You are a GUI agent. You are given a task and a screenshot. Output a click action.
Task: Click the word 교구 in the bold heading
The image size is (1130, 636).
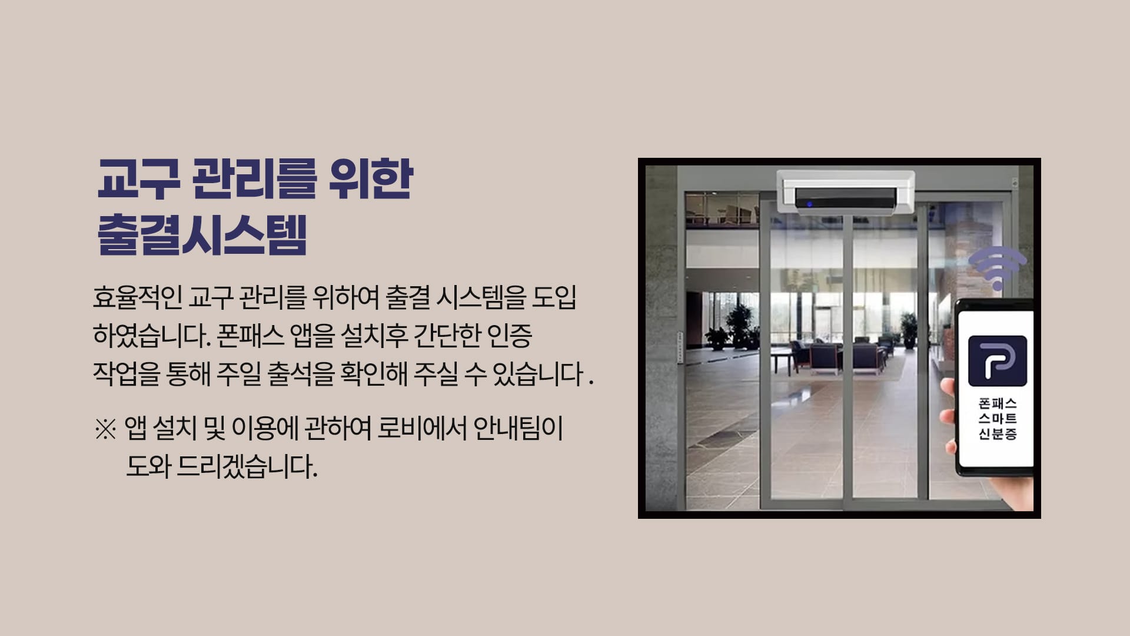click(138, 179)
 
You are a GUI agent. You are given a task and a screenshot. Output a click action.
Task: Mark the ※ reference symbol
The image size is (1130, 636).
click(105, 429)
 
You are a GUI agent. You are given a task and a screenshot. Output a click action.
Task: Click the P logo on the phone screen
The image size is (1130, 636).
click(998, 360)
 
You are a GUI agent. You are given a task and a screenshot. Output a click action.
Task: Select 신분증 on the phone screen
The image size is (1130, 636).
click(998, 435)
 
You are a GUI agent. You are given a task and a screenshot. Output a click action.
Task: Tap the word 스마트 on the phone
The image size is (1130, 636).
click(998, 419)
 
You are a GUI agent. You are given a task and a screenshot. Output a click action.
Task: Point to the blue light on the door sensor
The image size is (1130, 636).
click(809, 204)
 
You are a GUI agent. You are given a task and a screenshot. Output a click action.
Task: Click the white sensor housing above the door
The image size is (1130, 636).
click(846, 191)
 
